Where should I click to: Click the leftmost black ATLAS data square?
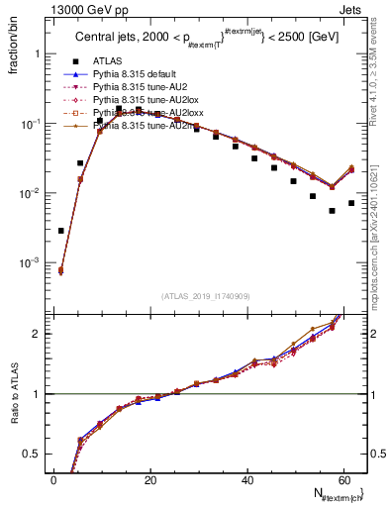(x=61, y=231)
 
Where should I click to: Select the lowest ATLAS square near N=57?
(x=332, y=210)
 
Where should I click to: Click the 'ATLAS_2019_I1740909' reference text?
(x=206, y=296)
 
